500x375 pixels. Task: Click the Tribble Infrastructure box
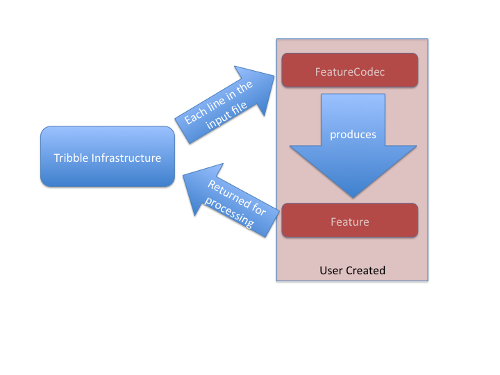108,157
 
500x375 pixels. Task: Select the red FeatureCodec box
349,71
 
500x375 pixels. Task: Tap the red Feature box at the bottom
349,222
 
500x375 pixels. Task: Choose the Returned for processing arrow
226,201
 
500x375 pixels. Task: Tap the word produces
353,135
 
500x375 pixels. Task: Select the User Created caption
352,270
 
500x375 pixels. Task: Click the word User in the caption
331,270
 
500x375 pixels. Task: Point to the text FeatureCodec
349,71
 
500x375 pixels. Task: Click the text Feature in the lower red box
349,222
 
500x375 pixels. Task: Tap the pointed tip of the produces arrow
353,196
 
